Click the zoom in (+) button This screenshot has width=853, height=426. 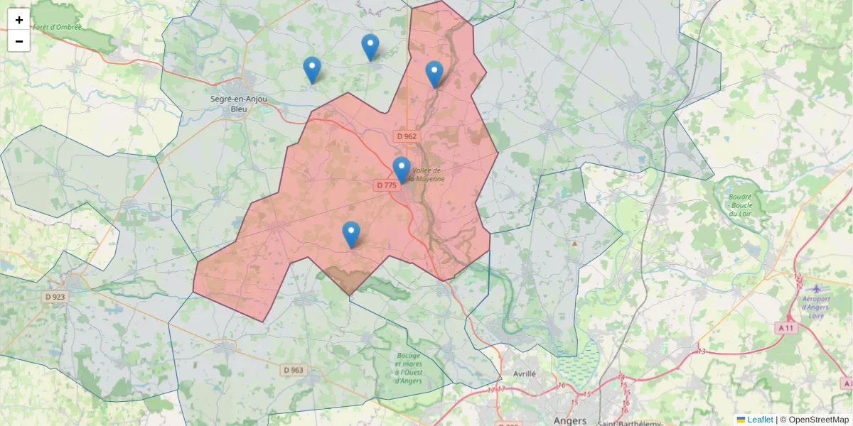19,20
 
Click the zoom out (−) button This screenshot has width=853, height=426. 19,41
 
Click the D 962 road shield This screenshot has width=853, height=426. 407,136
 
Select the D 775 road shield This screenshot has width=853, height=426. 387,185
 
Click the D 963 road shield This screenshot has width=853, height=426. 293,370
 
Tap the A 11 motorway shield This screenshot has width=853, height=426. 785,327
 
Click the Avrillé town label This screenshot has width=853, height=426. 519,373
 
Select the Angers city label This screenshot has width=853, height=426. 570,420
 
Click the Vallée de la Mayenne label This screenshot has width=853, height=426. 428,175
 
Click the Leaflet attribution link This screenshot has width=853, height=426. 760,420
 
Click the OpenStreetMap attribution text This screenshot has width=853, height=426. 818,420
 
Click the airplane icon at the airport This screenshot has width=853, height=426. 816,288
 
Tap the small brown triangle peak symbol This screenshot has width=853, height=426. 574,244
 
